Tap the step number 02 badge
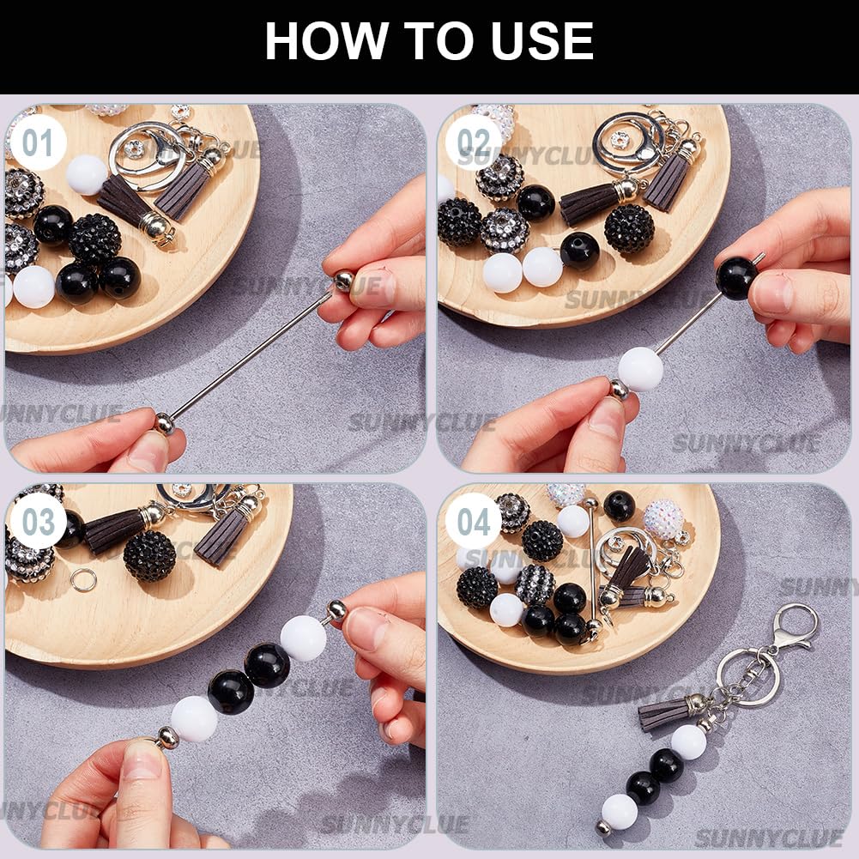click(x=473, y=142)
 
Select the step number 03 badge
click(x=39, y=522)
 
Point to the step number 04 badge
click(x=473, y=522)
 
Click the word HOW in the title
click(x=326, y=41)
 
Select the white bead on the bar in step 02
click(x=641, y=369)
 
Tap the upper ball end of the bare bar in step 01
click(x=343, y=281)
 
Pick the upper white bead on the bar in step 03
click(x=304, y=638)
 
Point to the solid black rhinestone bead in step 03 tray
click(x=149, y=555)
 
